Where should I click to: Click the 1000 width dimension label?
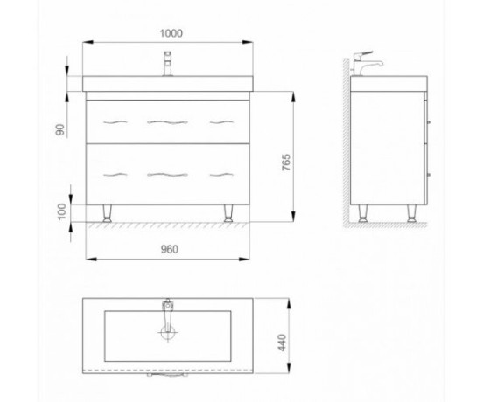pyautogui.click(x=171, y=33)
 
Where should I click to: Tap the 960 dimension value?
pyautogui.click(x=170, y=249)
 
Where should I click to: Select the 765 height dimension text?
pyautogui.click(x=286, y=163)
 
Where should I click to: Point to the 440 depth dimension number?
pyautogui.click(x=282, y=343)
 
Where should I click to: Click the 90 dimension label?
pyautogui.click(x=60, y=129)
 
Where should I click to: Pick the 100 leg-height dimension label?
pyautogui.click(x=62, y=211)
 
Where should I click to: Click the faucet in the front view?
pyautogui.click(x=168, y=64)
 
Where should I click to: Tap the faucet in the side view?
pyautogui.click(x=367, y=64)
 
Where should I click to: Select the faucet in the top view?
pyautogui.click(x=167, y=315)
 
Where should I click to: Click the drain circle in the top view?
pyautogui.click(x=168, y=332)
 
